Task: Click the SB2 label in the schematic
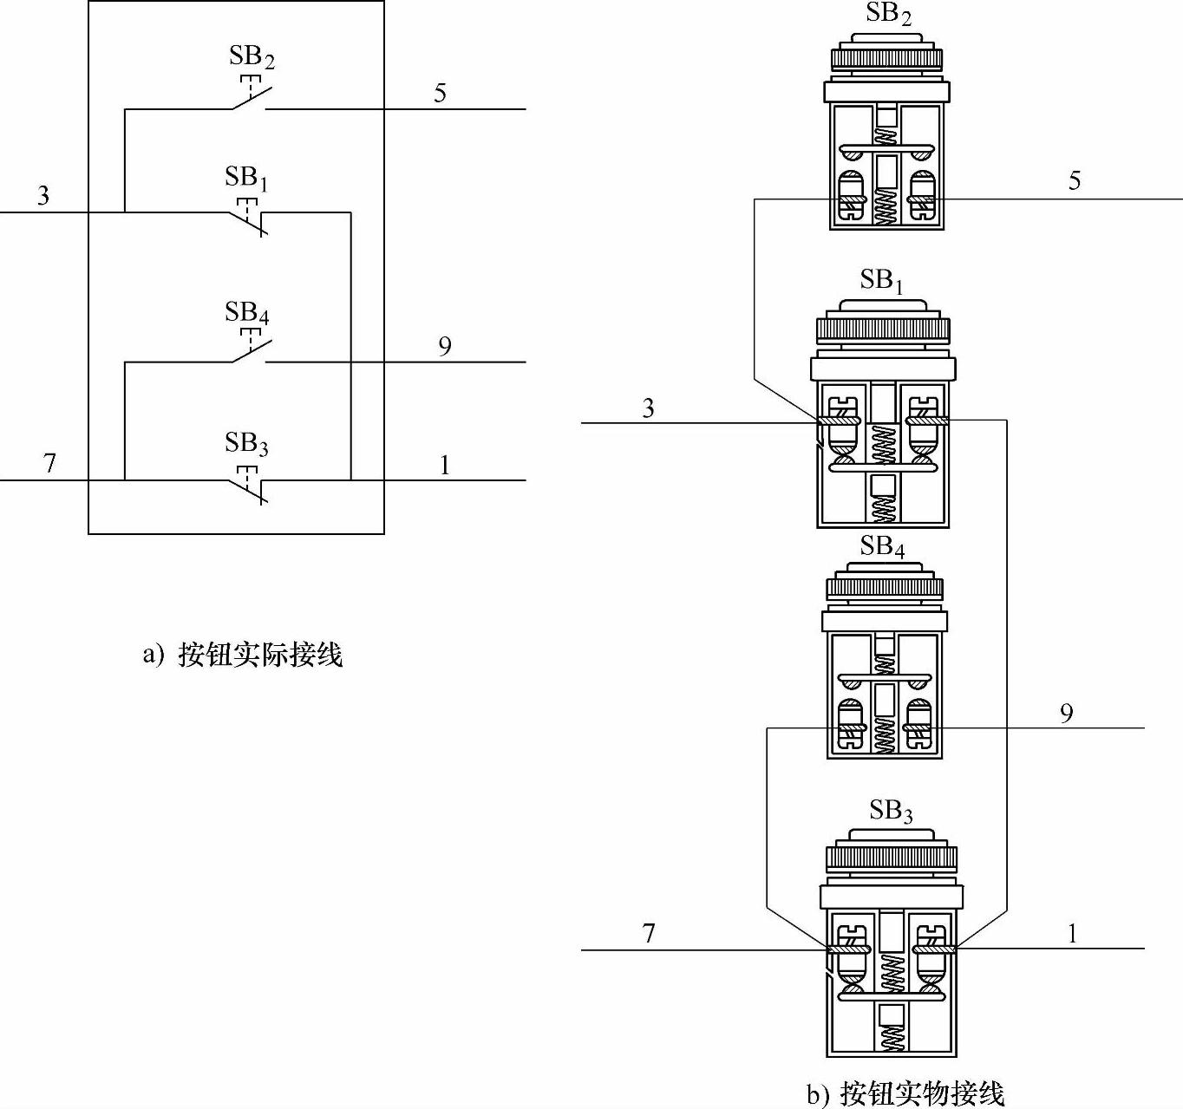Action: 252,57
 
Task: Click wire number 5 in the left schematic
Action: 440,93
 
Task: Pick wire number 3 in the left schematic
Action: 43,196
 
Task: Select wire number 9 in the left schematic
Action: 444,347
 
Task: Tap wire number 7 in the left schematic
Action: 49,464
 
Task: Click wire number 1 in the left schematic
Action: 445,466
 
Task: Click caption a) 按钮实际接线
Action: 243,654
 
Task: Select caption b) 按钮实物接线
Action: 905,1094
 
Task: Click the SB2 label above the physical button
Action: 889,14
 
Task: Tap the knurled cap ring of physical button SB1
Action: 883,330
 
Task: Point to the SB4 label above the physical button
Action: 883,546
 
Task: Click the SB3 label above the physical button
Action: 891,812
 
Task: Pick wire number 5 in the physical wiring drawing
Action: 1075,180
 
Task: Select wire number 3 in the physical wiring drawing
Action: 648,408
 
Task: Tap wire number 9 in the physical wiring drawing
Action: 1066,713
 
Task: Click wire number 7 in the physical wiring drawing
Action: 649,934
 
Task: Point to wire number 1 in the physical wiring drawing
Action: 1072,934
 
